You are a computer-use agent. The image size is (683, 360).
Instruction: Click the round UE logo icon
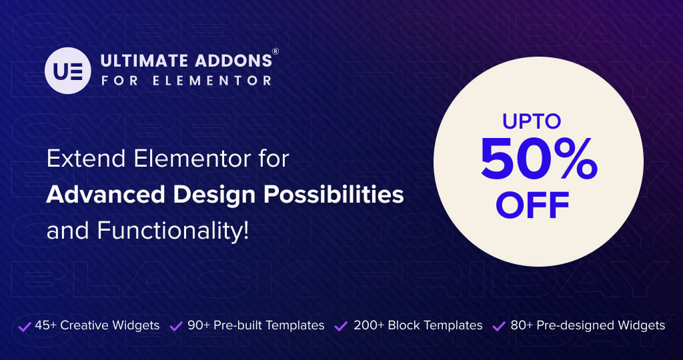coord(67,71)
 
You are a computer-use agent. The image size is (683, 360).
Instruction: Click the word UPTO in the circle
coord(532,122)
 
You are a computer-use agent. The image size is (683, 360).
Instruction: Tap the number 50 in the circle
coord(511,161)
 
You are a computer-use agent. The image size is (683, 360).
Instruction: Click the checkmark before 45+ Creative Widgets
coord(25,326)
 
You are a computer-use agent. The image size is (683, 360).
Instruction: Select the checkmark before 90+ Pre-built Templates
coord(177,326)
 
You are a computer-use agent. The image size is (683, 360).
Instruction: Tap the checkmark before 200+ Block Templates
coord(341,326)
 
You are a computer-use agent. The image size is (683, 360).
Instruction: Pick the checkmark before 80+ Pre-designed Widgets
coord(499,326)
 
